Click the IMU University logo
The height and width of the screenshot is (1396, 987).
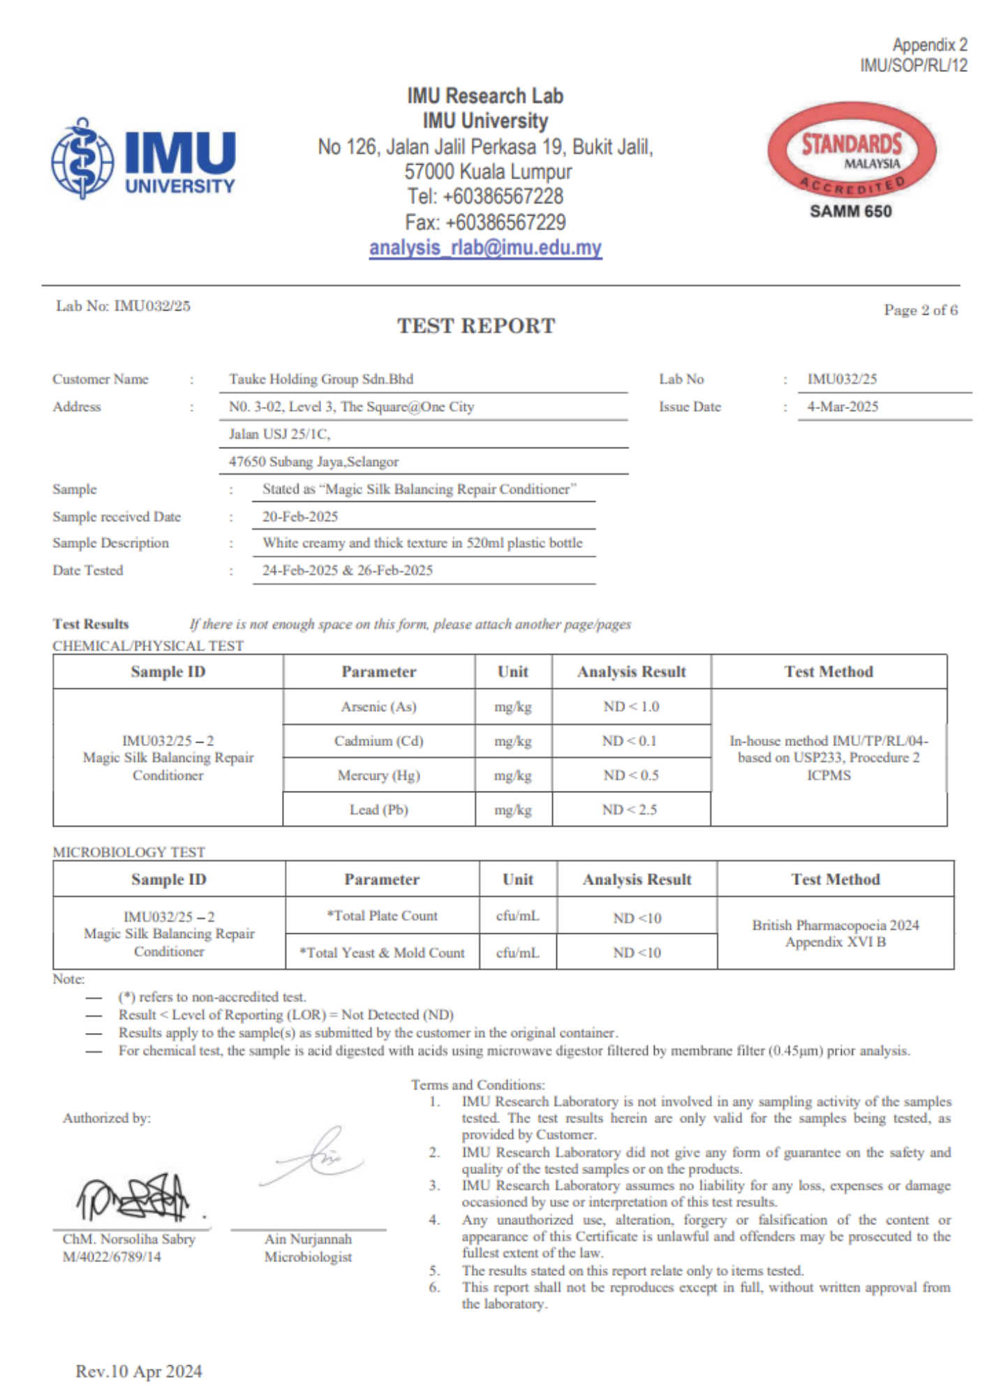pos(143,158)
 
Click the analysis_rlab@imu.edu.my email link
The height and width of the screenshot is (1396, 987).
pos(485,248)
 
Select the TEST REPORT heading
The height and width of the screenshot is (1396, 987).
pos(476,326)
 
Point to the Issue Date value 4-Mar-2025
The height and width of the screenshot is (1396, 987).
pos(843,406)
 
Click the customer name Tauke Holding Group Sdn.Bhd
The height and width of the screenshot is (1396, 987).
pos(321,379)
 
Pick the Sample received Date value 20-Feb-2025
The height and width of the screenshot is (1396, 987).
pos(300,517)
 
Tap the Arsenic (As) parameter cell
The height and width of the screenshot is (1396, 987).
pos(378,706)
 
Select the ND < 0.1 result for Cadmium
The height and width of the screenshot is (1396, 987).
pos(630,741)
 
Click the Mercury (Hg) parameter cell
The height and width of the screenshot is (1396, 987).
pos(378,775)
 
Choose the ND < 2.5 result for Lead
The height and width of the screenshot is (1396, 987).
pos(630,810)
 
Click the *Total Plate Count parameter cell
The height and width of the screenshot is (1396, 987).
pos(382,916)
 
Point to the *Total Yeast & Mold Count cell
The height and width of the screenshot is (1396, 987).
pos(382,952)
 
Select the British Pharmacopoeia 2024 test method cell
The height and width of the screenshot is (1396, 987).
pos(835,933)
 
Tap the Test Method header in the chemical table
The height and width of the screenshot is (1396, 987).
pos(829,671)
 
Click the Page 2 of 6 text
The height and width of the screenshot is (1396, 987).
pos(920,310)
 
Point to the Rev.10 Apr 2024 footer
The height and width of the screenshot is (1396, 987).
pos(139,1372)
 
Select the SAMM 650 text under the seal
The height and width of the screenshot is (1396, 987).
pos(850,211)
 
